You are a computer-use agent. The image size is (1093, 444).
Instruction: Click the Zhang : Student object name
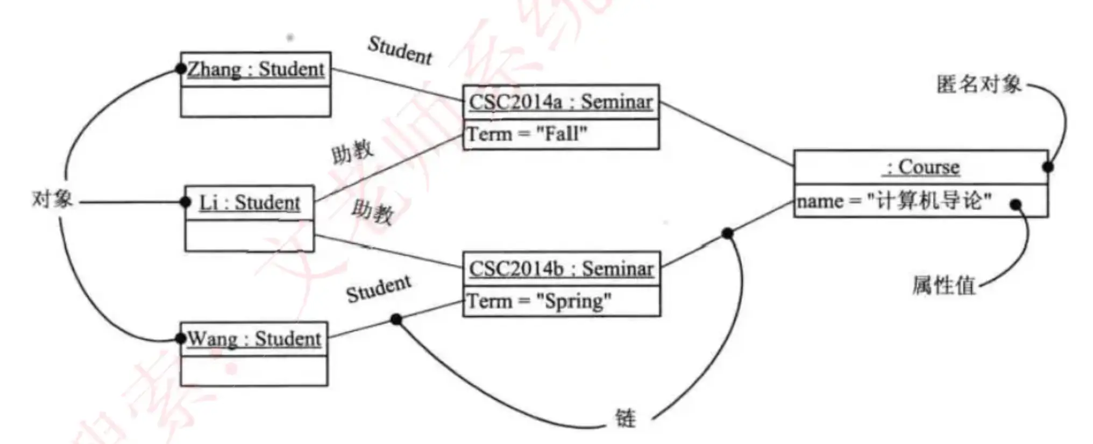(x=256, y=69)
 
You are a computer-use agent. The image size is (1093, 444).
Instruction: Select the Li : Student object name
(x=250, y=203)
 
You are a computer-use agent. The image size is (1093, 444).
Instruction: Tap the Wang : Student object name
(x=254, y=339)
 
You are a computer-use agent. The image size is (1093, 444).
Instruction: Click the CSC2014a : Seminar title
(x=560, y=102)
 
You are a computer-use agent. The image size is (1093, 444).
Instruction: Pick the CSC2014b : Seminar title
(x=562, y=269)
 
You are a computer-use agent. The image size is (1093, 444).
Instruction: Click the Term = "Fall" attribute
(x=527, y=134)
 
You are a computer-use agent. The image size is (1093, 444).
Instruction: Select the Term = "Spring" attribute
(x=539, y=302)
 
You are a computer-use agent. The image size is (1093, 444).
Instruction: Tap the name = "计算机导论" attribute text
(x=894, y=201)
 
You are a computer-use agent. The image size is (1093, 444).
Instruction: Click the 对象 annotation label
(x=52, y=199)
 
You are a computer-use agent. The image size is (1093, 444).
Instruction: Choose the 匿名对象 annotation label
(x=979, y=84)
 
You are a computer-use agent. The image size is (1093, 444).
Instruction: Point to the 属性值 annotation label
(x=944, y=285)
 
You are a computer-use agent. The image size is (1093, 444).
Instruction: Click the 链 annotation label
(x=626, y=418)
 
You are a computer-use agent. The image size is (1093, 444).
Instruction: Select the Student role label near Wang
(x=379, y=290)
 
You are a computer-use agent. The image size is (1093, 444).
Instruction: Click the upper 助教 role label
(x=352, y=153)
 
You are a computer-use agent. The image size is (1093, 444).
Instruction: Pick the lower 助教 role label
(x=373, y=212)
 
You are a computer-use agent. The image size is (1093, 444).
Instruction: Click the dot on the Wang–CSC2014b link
(x=396, y=320)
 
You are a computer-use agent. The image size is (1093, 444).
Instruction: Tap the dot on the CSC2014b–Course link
(x=727, y=233)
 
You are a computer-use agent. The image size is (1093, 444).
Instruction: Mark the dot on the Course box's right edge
(x=1048, y=167)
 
